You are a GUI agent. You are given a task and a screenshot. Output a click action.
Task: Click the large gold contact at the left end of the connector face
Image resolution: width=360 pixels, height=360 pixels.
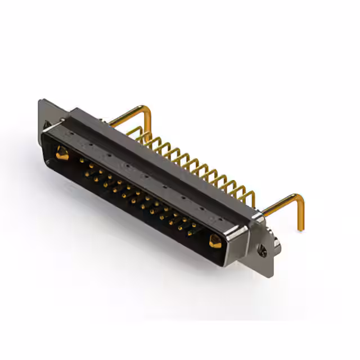tap(62, 152)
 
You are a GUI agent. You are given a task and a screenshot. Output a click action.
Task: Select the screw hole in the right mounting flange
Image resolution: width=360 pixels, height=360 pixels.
tap(263, 253)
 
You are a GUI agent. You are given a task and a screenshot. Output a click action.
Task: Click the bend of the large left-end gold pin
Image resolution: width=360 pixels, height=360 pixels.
tap(147, 109)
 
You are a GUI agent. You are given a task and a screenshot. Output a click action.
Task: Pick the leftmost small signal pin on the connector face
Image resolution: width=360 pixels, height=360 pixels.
tap(83, 161)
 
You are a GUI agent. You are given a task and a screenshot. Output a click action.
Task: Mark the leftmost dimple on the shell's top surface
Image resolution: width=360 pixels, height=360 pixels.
tap(73, 135)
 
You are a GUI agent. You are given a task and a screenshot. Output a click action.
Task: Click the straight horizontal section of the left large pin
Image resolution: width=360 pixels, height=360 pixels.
tap(127, 115)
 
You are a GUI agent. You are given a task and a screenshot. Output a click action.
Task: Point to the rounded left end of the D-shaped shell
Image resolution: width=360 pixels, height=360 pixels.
tap(45, 141)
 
